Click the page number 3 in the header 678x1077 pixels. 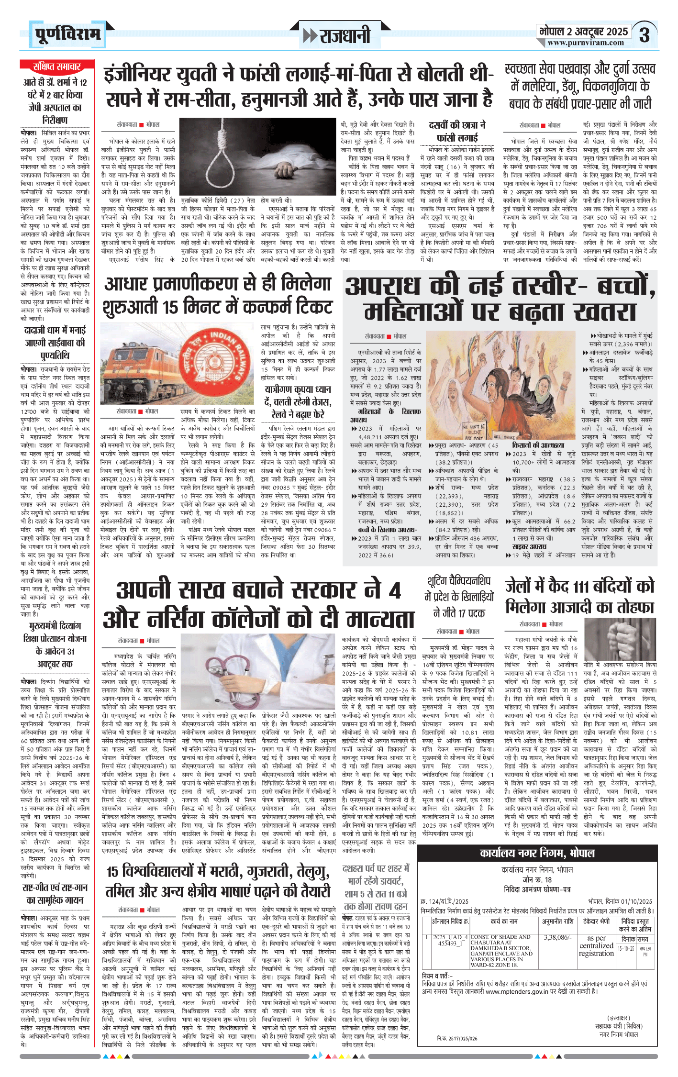tap(645, 35)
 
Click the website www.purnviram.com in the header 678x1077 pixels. tap(586, 43)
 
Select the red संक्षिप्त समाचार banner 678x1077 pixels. tap(57, 66)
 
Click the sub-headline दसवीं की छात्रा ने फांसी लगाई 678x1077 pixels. tap(457, 131)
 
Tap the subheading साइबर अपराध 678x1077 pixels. tap(529, 547)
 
